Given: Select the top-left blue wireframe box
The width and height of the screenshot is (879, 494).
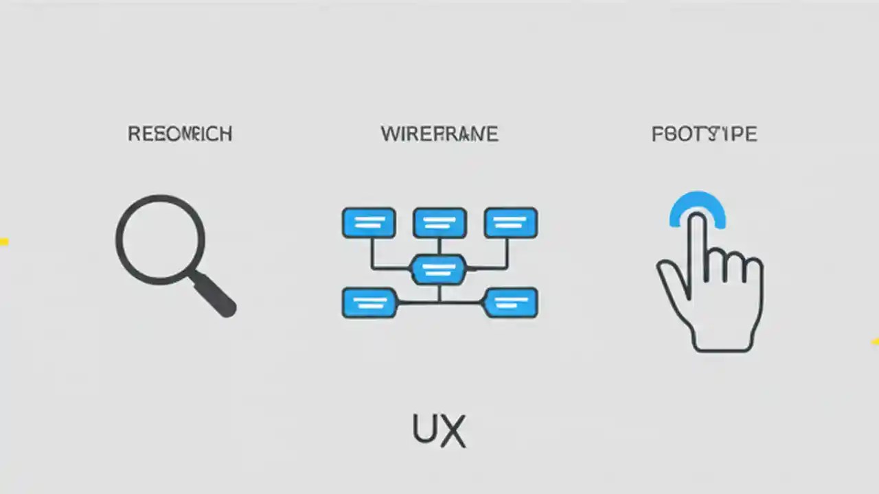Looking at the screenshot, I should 369,223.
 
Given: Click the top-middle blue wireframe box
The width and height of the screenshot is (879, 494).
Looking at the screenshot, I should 439,223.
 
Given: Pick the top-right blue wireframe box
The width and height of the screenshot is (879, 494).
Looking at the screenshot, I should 511,223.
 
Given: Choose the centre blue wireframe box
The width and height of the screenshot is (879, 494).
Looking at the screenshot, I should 438,269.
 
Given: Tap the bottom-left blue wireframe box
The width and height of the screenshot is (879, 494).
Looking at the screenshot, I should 369,303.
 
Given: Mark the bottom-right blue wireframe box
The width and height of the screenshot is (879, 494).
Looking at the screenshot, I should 511,303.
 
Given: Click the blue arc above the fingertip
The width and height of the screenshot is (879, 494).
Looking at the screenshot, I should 698,204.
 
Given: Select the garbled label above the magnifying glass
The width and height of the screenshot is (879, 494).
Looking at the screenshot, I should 180,134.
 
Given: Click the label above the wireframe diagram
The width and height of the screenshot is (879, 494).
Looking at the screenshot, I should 439,134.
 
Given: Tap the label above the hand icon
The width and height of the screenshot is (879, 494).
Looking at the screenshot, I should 704,134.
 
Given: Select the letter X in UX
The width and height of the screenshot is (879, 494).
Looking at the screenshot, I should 453,431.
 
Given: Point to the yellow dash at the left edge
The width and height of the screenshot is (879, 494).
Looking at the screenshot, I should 3,242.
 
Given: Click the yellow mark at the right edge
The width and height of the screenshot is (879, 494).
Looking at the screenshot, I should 875,341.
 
